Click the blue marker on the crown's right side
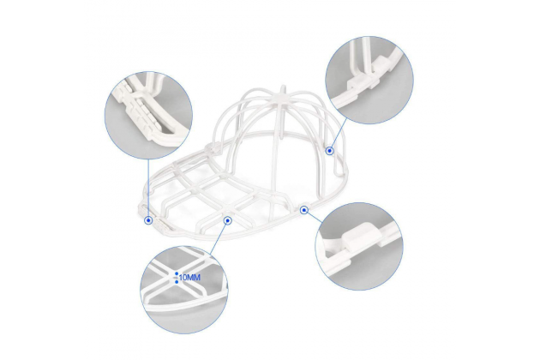tap(330, 151)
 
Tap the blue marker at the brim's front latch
tap(148, 220)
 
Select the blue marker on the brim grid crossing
tap(228, 220)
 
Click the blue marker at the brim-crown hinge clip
tap(303, 210)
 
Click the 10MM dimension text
tap(189, 278)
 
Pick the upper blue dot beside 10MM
tap(177, 274)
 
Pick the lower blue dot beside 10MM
tap(177, 282)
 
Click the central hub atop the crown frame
tap(283, 99)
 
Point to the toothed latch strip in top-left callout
tap(136, 107)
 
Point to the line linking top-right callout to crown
tap(339, 135)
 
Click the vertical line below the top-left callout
tap(148, 188)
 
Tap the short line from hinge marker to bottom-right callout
tap(314, 216)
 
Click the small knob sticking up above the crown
tap(283, 89)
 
